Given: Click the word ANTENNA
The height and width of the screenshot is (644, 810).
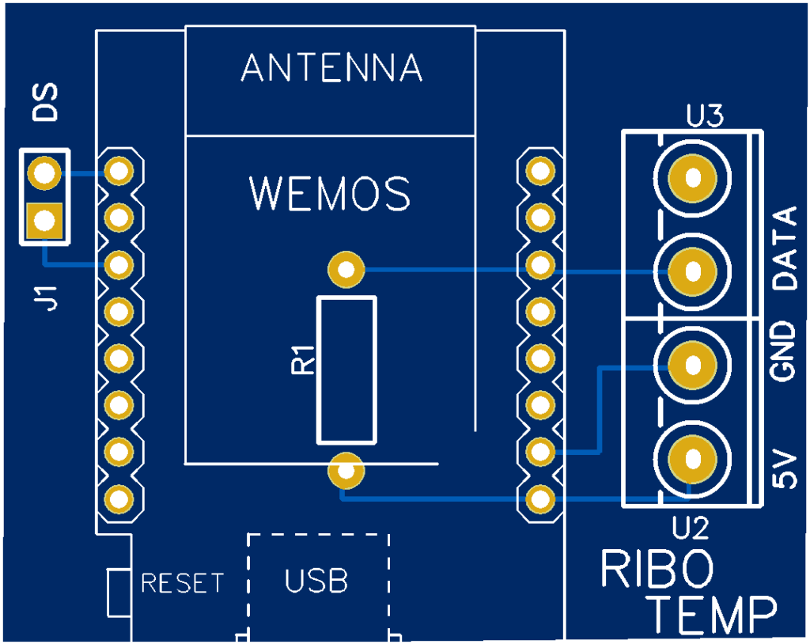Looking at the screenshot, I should coord(331,69).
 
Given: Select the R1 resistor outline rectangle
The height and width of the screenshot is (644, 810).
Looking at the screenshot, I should coord(346,370).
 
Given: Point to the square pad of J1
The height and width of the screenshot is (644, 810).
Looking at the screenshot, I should coord(44,221).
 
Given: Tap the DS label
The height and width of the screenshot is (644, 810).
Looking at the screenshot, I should coord(46,103).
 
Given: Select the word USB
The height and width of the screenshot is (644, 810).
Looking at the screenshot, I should coord(316,581).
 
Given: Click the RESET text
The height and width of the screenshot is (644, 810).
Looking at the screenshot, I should coord(182,584).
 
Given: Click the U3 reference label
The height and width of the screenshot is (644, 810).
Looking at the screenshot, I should coord(706,118).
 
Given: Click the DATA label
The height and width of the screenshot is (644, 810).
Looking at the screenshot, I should coord(785,248).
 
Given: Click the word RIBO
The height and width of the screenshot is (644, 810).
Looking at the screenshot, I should coord(657,569).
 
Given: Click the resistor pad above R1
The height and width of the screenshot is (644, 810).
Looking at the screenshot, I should coord(346,270).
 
